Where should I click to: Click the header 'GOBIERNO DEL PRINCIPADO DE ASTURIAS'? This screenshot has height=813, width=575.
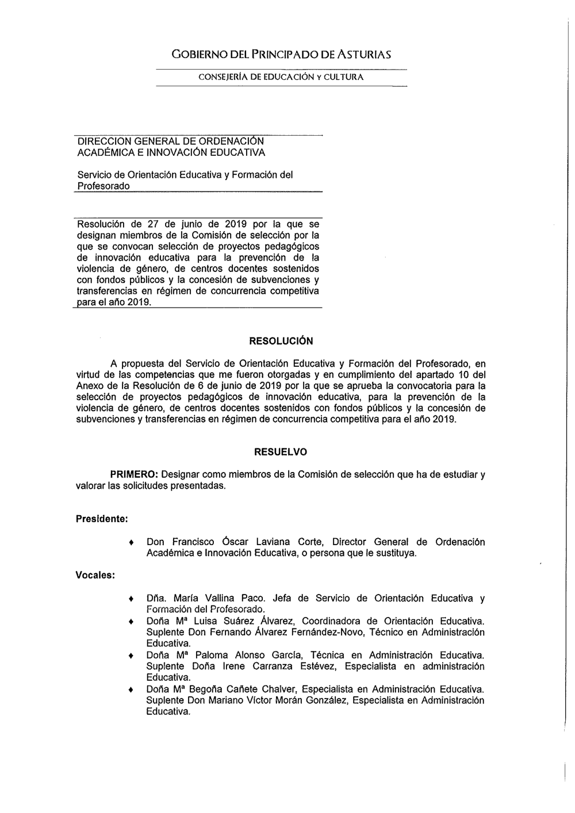coord(281,55)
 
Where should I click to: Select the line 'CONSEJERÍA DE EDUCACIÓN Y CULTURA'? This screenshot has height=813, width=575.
coord(281,77)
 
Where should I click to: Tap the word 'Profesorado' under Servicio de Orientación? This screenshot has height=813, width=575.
coord(103,186)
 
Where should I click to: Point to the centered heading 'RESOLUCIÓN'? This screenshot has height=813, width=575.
coord(281,341)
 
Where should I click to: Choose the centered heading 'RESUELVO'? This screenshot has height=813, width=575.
coord(281,452)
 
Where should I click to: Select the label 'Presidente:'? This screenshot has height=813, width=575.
coord(102,519)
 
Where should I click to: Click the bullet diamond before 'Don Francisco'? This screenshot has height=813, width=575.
coord(132,543)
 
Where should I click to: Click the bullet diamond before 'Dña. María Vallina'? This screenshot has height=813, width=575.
coord(132,599)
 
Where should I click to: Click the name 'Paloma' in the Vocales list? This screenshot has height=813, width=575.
coord(211,655)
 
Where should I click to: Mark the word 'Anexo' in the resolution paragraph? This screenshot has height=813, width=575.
coord(89,386)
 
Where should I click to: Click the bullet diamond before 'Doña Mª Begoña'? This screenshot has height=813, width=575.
coord(132,689)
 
